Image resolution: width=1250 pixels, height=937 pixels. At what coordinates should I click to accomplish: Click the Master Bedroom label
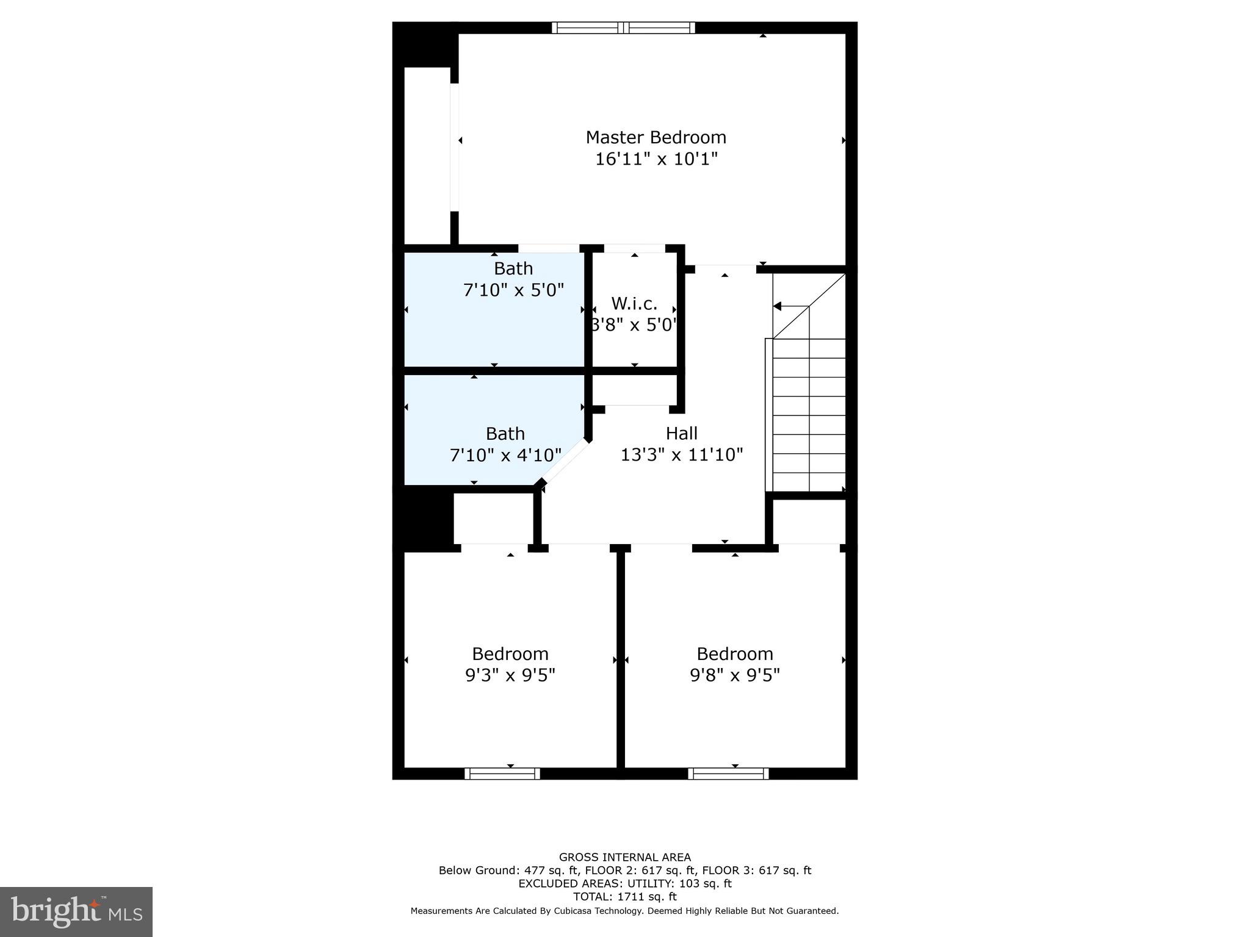click(x=656, y=137)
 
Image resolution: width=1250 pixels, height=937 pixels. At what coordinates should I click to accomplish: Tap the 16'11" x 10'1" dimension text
click(x=656, y=159)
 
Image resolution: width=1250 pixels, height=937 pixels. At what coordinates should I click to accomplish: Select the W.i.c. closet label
click(x=634, y=303)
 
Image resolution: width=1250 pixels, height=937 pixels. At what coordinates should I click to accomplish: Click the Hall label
click(x=681, y=433)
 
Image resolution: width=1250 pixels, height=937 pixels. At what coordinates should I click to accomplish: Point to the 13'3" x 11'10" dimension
click(x=681, y=455)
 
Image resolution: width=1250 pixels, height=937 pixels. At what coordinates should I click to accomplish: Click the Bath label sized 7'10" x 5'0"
click(x=513, y=268)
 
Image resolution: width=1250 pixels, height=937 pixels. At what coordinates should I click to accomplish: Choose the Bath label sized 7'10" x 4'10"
click(x=505, y=434)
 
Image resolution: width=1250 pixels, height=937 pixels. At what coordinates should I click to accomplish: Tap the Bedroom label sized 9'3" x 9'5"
click(x=510, y=654)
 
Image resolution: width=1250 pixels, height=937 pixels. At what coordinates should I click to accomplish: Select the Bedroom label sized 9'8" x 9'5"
click(x=734, y=654)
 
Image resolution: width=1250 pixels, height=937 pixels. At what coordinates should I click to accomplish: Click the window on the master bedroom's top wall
click(x=623, y=27)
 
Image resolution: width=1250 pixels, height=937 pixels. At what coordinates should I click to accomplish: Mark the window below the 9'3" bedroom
click(x=502, y=774)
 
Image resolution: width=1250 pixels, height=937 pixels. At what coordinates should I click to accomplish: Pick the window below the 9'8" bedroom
click(x=728, y=774)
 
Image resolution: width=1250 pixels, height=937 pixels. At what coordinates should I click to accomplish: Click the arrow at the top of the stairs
click(x=778, y=306)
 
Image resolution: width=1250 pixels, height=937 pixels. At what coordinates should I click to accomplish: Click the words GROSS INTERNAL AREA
click(x=624, y=857)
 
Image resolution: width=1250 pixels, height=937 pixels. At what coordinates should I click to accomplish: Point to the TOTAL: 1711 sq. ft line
click(x=624, y=897)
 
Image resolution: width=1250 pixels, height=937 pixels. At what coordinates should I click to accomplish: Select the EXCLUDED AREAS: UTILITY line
click(x=624, y=883)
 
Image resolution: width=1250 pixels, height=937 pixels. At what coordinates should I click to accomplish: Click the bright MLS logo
click(x=76, y=912)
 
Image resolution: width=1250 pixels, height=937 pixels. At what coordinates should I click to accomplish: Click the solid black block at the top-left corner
click(x=425, y=45)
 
